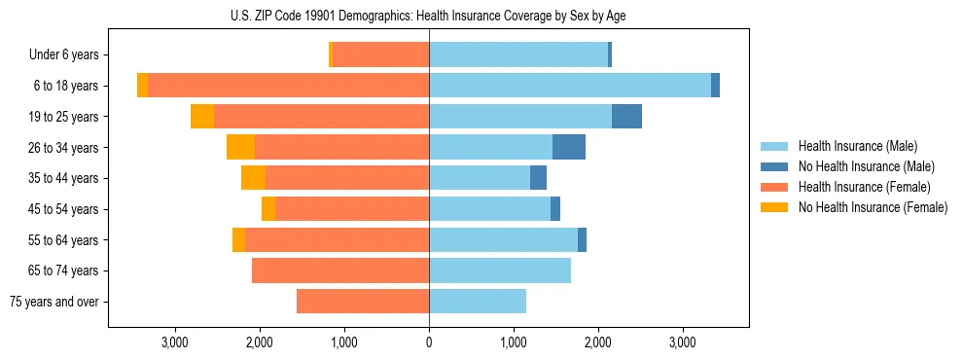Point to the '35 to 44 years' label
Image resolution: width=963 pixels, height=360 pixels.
(x=62, y=178)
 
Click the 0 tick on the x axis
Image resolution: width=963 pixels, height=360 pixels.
(x=429, y=343)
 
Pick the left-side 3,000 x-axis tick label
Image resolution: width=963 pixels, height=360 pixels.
(x=175, y=343)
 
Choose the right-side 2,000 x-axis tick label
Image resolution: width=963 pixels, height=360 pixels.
(x=598, y=343)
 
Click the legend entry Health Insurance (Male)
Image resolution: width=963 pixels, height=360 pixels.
(x=857, y=146)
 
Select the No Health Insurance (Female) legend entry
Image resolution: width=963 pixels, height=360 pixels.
(x=873, y=207)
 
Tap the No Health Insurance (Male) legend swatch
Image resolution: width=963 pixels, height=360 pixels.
(x=775, y=166)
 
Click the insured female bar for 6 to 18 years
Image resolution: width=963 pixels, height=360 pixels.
(x=288, y=86)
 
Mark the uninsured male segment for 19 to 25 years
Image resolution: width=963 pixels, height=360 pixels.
(x=626, y=117)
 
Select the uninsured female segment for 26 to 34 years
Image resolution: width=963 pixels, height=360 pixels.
(x=240, y=147)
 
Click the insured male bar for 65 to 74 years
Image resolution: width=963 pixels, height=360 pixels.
(x=500, y=270)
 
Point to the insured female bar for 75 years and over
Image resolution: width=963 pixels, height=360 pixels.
(x=363, y=302)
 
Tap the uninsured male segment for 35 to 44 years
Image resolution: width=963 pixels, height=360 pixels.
(x=538, y=178)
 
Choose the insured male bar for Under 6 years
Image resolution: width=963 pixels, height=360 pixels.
(x=518, y=55)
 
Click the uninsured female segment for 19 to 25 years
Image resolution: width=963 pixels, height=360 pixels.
(x=202, y=117)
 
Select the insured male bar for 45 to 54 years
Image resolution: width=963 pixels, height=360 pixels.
(x=489, y=209)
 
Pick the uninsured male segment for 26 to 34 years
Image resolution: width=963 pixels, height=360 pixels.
(x=569, y=147)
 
